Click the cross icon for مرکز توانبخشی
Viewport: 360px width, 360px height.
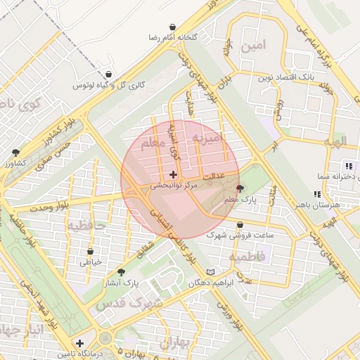[174, 174]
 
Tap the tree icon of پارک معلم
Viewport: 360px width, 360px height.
[240, 188]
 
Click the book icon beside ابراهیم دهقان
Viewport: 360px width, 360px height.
[211, 271]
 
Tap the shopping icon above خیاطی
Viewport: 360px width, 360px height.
[91, 251]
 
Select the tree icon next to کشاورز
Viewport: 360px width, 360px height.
[15, 152]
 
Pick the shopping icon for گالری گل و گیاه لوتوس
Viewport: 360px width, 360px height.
[108, 74]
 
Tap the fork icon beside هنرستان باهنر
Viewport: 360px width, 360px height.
[318, 194]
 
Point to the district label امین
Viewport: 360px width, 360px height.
[254, 46]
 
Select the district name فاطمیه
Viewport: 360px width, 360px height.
[266, 257]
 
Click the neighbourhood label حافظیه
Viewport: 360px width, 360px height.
[86, 226]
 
